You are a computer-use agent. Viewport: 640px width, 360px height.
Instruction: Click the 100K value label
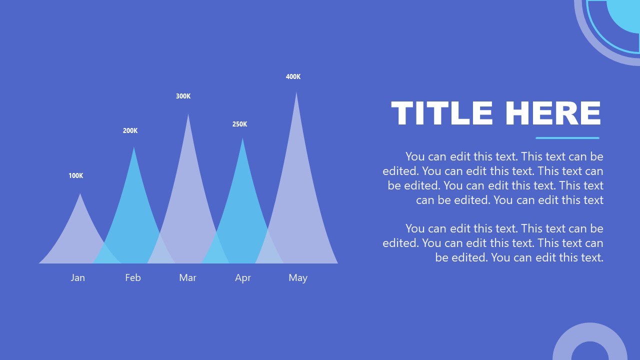76,176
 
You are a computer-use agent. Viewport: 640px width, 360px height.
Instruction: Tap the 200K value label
130,131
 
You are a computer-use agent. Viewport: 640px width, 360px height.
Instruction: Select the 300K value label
183,96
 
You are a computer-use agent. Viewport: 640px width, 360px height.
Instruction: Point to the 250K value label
239,124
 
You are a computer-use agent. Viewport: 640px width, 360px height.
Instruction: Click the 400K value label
293,77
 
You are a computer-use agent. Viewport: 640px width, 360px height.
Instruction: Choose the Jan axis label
77,278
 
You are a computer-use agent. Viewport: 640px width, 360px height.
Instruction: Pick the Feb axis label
133,278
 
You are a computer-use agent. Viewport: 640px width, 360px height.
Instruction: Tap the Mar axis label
187,278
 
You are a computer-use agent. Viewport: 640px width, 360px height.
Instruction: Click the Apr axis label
243,278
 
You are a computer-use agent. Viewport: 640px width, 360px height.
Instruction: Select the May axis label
298,278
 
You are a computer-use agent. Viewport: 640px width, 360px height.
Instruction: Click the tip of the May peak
296,93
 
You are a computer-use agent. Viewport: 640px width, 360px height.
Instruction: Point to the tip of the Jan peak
80,195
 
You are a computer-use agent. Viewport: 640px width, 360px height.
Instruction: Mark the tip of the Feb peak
134,148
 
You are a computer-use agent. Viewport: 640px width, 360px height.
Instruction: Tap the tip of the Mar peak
188,115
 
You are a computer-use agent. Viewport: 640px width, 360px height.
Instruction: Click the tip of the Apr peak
242,139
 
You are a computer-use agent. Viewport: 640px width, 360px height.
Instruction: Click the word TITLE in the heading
442,113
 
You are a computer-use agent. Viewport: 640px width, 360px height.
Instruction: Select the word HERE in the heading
552,113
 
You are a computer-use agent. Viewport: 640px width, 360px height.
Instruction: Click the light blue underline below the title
567,138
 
